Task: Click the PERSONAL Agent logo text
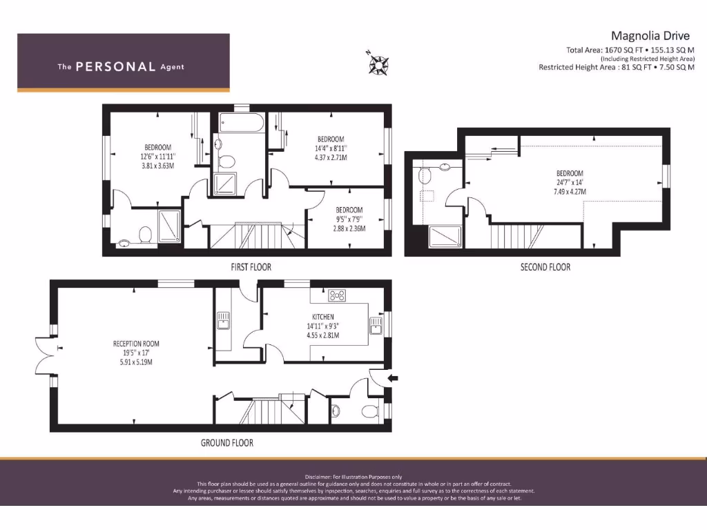(x=121, y=67)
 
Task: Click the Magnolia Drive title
(x=650, y=35)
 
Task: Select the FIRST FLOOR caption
(x=251, y=266)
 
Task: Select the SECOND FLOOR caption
(x=545, y=266)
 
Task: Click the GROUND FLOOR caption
(x=226, y=442)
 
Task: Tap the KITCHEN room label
(x=323, y=317)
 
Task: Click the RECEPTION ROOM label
(x=136, y=343)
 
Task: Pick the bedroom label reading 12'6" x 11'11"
(x=157, y=157)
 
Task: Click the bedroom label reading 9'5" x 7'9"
(x=349, y=219)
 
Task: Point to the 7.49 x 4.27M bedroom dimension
(x=570, y=193)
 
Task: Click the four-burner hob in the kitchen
(x=338, y=296)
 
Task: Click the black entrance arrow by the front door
(x=394, y=377)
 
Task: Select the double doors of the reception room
(x=45, y=355)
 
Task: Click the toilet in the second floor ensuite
(x=424, y=175)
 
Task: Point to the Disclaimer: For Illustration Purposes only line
(x=353, y=477)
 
